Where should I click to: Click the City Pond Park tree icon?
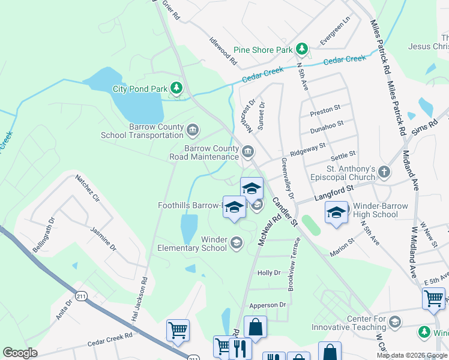[x=176, y=89]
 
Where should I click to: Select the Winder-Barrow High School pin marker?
[x=336, y=212]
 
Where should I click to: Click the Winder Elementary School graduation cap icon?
[x=236, y=243]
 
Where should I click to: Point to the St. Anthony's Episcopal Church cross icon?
[x=384, y=173]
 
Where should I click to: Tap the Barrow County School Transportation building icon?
[x=193, y=130]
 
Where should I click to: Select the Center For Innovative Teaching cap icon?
[x=394, y=323]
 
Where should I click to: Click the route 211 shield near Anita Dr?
[x=82, y=295]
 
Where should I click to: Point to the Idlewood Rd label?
[x=223, y=53]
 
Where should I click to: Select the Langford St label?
[x=332, y=193]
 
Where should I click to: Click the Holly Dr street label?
[x=268, y=273]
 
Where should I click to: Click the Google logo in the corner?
[x=20, y=353]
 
